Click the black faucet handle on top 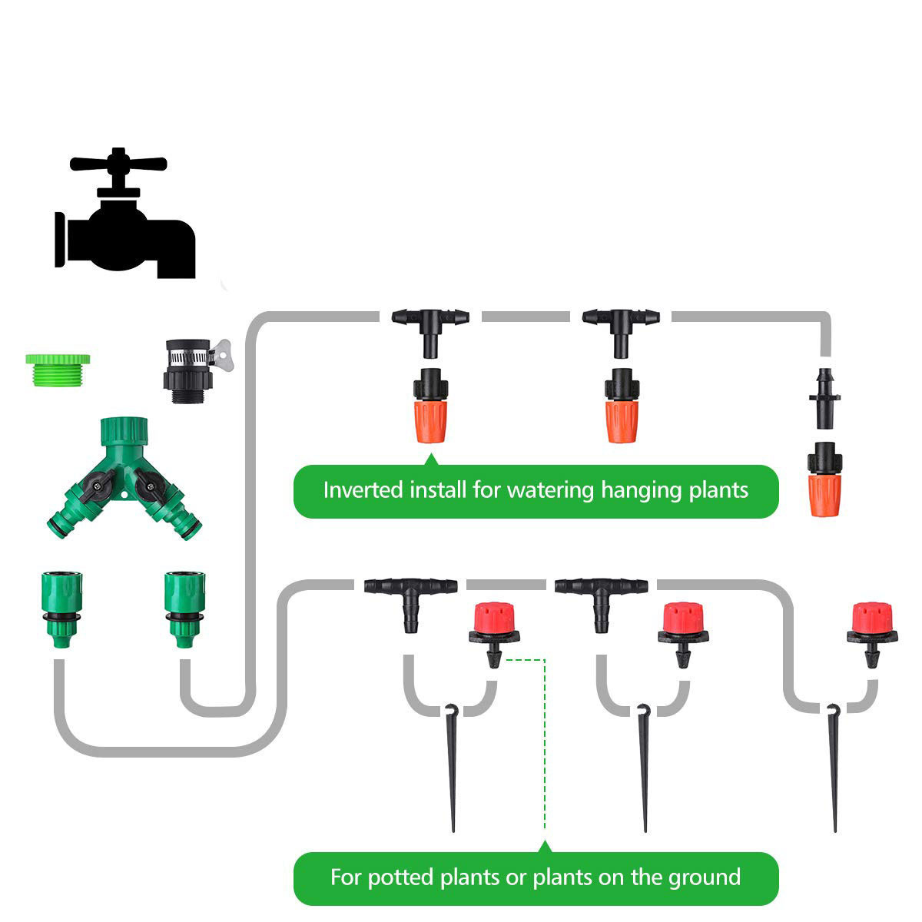pyautogui.click(x=118, y=163)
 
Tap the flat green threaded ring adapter pyautogui.click(x=58, y=368)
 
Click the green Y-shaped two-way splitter pyautogui.click(x=125, y=476)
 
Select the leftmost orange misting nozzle pyautogui.click(x=431, y=407)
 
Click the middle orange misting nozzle pyautogui.click(x=621, y=407)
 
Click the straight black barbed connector pyautogui.click(x=824, y=398)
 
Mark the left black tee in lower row pyautogui.click(x=410, y=599)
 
